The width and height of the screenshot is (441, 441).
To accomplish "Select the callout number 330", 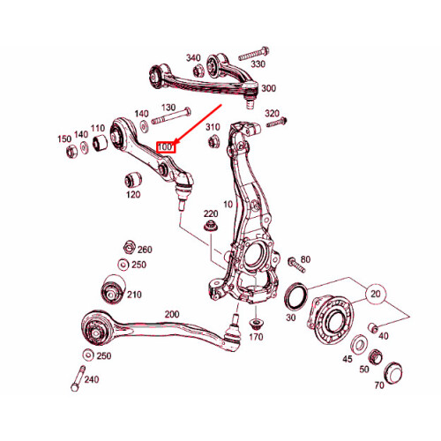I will tap(258, 64).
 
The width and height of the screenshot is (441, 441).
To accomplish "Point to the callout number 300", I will tap(268, 88).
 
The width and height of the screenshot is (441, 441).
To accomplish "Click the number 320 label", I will tap(272, 114).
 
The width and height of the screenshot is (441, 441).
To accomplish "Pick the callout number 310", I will tap(213, 127).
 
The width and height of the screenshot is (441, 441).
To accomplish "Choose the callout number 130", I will tap(169, 108).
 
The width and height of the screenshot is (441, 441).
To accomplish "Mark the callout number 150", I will tap(64, 139).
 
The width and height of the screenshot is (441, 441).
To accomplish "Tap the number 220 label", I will tap(211, 214).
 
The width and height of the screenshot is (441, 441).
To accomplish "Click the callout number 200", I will tap(171, 313).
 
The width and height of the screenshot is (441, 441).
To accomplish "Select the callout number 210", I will tap(135, 294).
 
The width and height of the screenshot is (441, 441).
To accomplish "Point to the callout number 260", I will tap(145, 250).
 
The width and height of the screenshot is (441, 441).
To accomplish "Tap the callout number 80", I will tap(306, 259).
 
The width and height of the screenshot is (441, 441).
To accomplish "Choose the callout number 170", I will tap(256, 336).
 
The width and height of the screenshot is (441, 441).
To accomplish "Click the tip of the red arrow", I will tap(176, 142).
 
